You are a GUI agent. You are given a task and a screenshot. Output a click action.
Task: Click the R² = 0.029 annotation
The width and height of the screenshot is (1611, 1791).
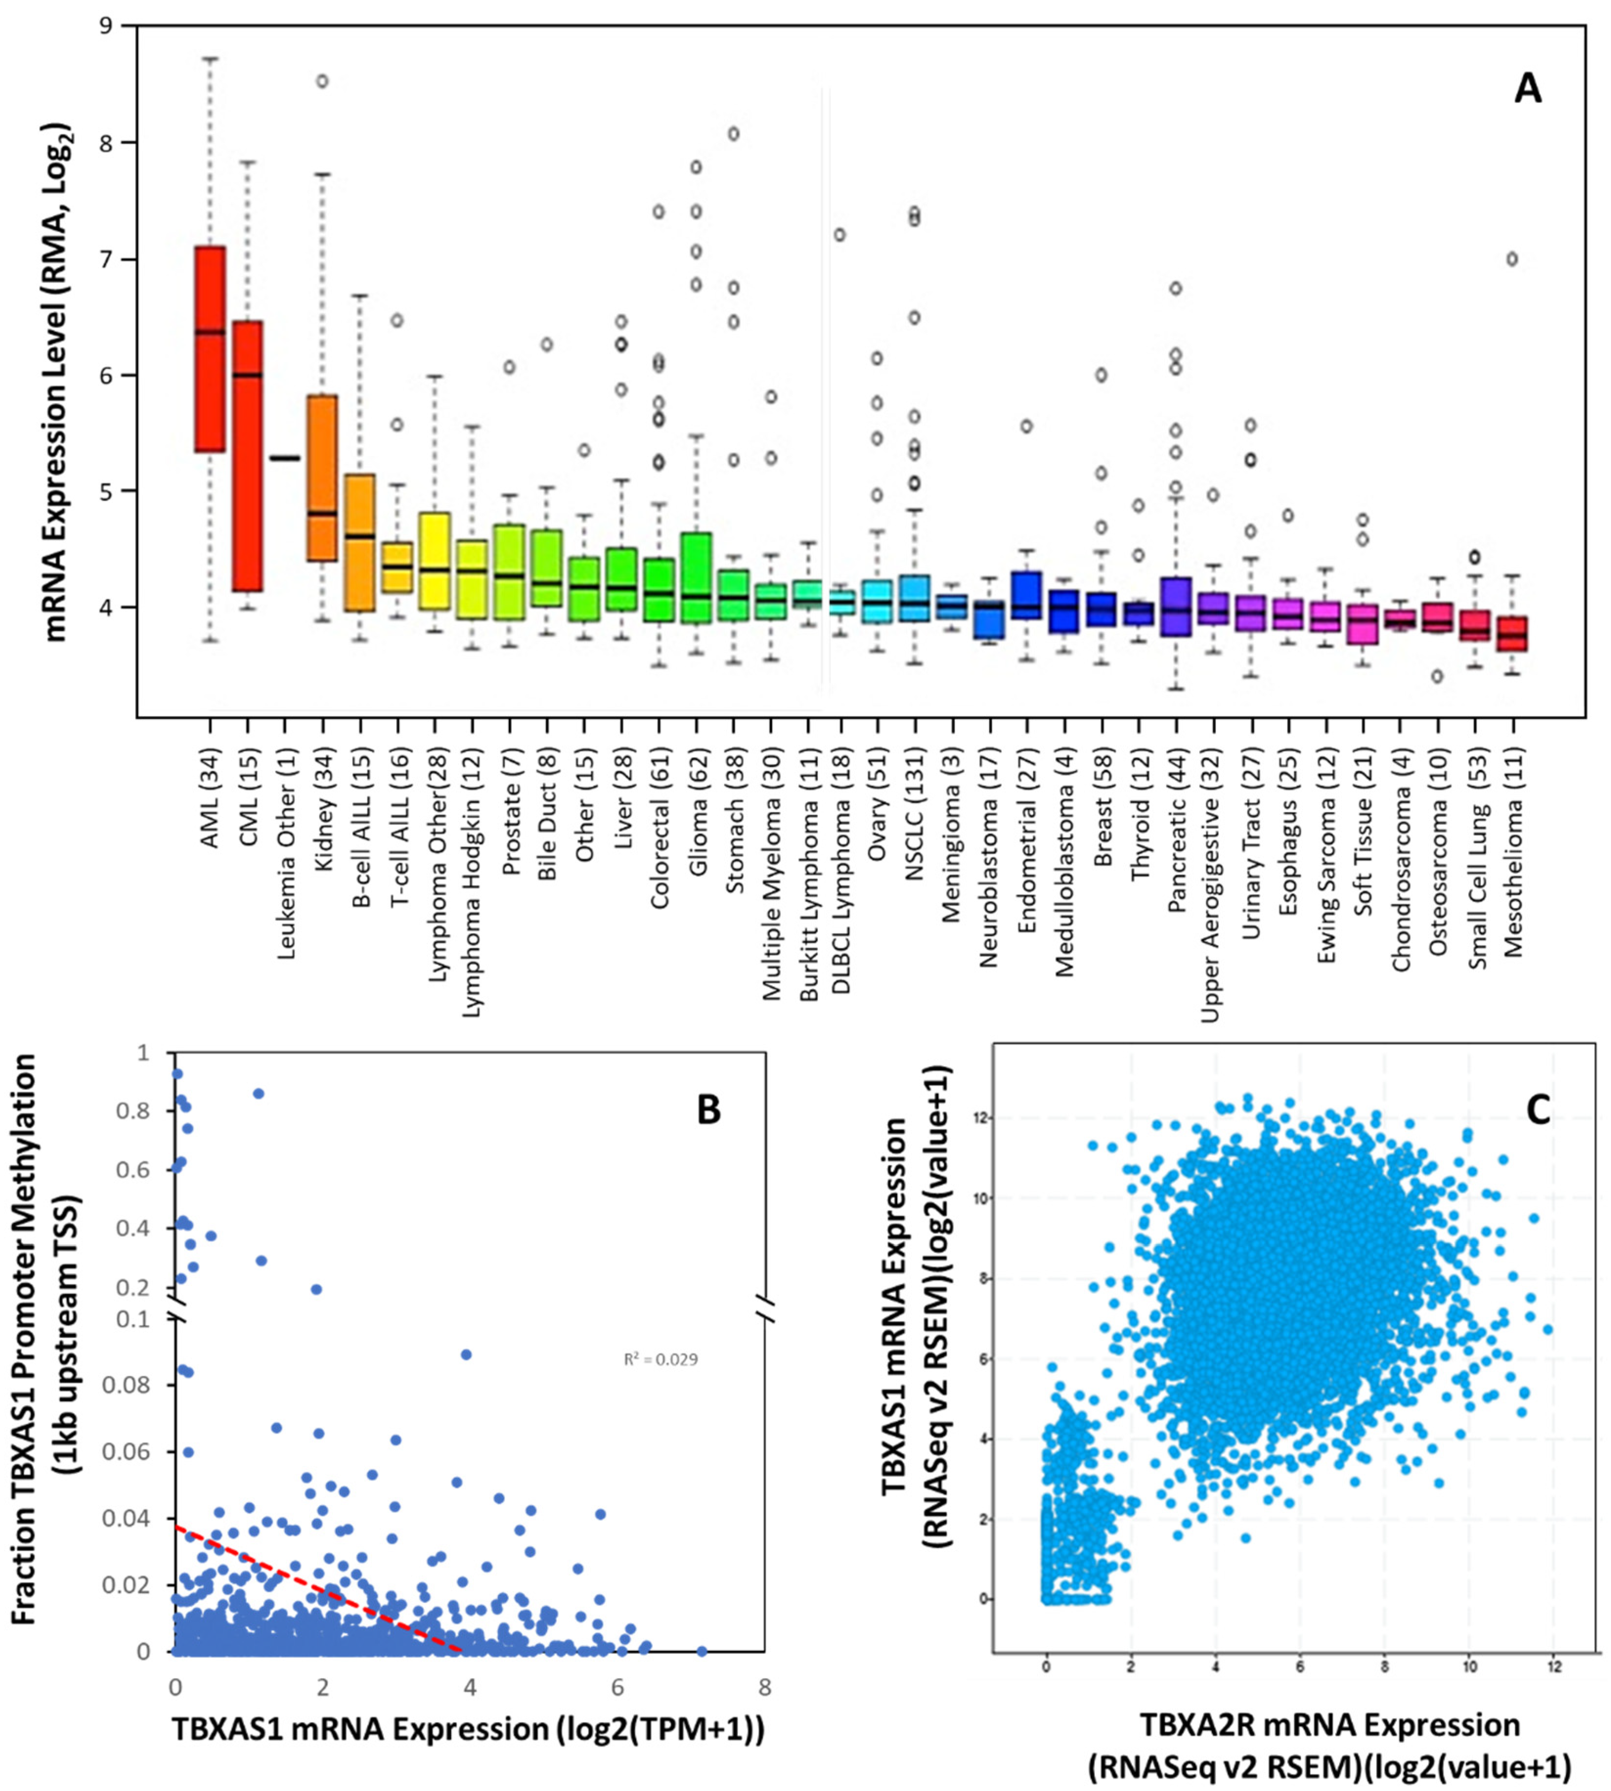[661, 1359]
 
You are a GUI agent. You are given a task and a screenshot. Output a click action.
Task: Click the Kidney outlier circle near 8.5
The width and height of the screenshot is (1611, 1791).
[323, 82]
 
